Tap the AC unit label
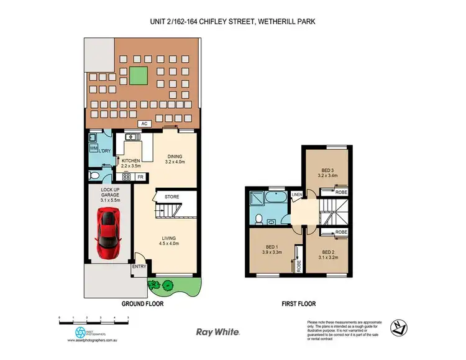point(144,123)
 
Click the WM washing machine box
point(93,149)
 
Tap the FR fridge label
point(140,177)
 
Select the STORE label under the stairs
point(172,197)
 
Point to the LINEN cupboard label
point(297,195)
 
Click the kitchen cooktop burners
point(126,177)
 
